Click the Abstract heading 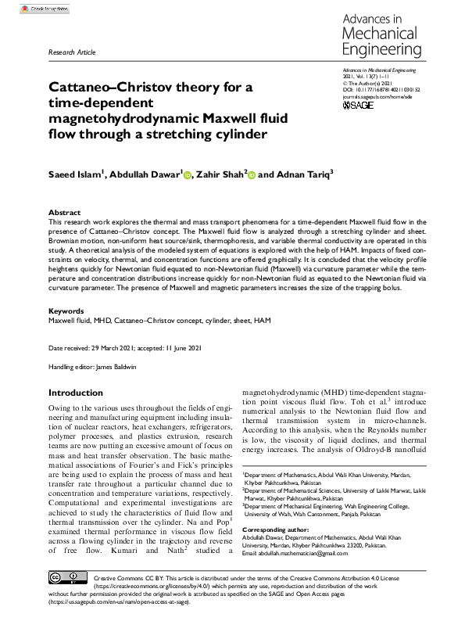point(64,212)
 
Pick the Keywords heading point(66,311)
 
